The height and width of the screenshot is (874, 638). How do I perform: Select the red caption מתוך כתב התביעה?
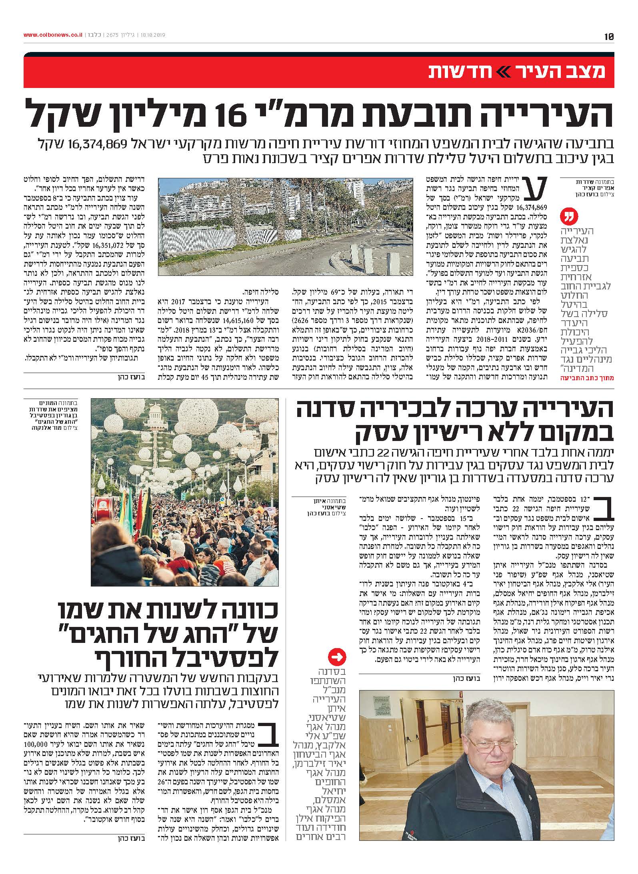click(585, 378)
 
